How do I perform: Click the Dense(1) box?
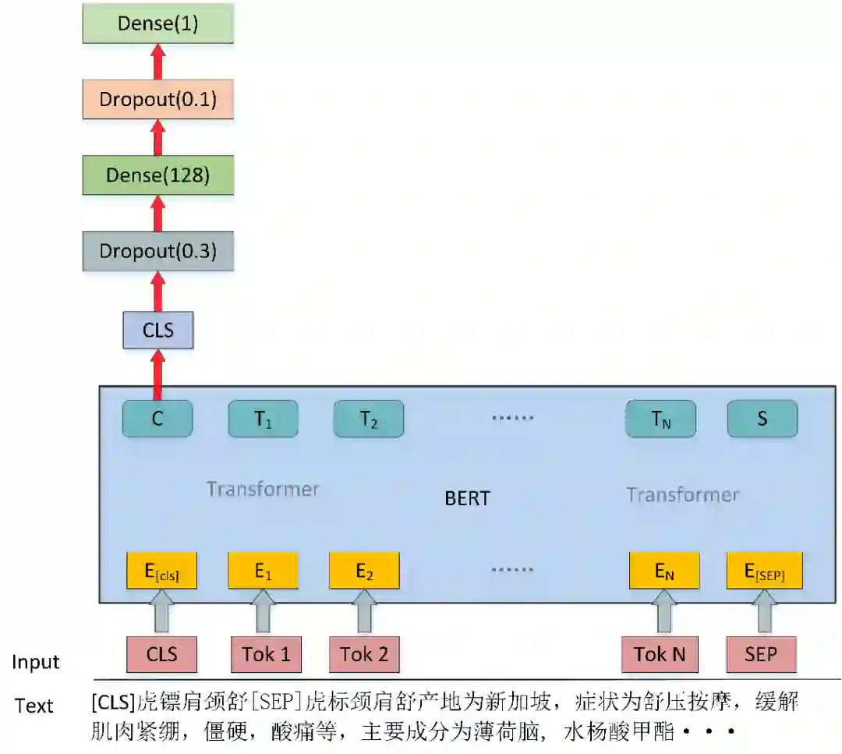tap(158, 23)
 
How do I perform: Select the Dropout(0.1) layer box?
tap(158, 99)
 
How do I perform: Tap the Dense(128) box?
tap(158, 175)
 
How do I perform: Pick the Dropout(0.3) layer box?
tap(158, 251)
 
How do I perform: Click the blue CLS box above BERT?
tap(158, 330)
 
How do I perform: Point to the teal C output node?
tap(157, 419)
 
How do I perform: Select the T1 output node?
tap(263, 419)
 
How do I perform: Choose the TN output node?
tap(660, 419)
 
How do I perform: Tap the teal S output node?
tap(762, 419)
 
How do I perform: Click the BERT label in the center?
tap(468, 498)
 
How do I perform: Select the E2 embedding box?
tap(364, 571)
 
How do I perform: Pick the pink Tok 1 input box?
tap(266, 654)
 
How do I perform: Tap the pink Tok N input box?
tap(660, 654)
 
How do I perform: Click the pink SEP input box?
tap(761, 654)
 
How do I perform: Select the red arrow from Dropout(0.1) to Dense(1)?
tap(158, 60)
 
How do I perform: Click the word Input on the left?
tap(36, 663)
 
